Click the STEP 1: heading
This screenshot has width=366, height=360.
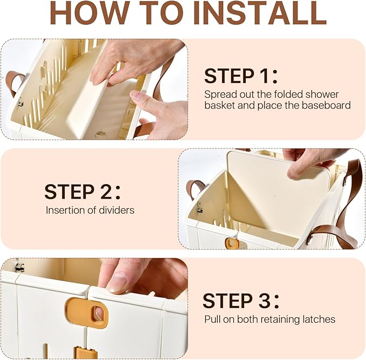pos(241,76)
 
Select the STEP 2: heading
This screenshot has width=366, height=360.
pos(82,192)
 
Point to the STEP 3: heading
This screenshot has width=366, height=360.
pos(241,301)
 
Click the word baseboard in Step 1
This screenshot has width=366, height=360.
pos(326,105)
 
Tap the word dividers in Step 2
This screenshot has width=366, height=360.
pos(117,210)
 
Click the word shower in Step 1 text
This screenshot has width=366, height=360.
pos(322,94)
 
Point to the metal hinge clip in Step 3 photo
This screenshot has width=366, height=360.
pos(19,267)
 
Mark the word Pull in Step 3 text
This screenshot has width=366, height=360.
pos(212,319)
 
